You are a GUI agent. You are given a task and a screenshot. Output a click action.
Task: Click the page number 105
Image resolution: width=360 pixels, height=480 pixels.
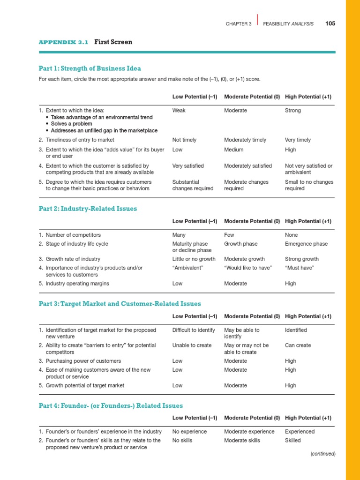click(x=330, y=24)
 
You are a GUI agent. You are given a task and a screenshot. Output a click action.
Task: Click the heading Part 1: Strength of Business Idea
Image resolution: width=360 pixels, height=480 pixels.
click(x=90, y=68)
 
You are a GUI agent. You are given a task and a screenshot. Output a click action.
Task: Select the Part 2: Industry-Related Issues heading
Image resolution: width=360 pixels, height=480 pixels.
click(x=88, y=209)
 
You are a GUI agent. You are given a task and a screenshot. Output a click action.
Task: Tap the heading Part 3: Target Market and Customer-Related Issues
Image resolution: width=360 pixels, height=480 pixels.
click(x=120, y=304)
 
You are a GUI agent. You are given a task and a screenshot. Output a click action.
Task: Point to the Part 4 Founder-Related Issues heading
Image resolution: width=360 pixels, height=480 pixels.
click(x=111, y=406)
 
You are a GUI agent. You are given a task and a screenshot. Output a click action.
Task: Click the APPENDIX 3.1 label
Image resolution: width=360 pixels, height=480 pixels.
click(x=63, y=42)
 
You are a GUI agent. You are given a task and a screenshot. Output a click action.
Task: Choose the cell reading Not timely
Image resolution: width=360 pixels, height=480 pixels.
click(x=184, y=140)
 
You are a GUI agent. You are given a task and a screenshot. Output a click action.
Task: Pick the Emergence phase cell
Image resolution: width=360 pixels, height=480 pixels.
click(x=306, y=244)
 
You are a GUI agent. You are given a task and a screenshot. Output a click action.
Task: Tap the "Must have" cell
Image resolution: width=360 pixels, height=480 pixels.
click(x=299, y=268)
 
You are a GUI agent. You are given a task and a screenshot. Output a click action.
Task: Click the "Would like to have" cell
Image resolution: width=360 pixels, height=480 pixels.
click(x=248, y=268)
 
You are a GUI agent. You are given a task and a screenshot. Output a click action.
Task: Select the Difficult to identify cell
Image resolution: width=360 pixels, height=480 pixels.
click(x=194, y=330)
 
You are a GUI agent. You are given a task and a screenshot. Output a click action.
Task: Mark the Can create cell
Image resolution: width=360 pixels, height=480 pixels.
click(x=298, y=345)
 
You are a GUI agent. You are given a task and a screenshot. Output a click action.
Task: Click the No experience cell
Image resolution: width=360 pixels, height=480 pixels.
click(x=189, y=432)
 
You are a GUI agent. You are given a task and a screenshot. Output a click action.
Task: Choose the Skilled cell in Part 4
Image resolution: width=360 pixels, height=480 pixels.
click(x=293, y=441)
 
